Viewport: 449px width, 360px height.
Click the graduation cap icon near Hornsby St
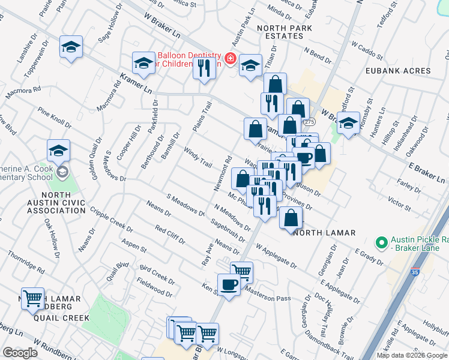[x=348, y=124]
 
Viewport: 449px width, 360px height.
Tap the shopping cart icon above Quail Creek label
[x=32, y=298]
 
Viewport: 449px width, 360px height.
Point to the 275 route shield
[x=309, y=122]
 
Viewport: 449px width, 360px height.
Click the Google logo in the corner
[x=20, y=352]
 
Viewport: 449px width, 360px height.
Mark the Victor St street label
[x=400, y=203]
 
